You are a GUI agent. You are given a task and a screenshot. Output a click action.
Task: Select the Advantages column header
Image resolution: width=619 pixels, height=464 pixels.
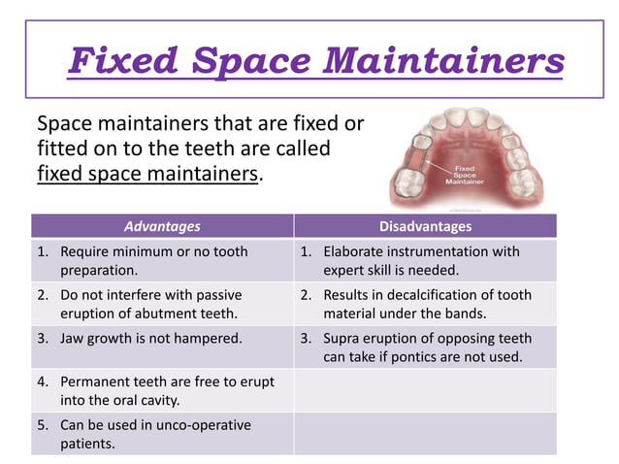[x=162, y=226]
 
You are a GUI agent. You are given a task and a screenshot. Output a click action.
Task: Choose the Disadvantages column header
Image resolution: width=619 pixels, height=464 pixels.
[x=425, y=226]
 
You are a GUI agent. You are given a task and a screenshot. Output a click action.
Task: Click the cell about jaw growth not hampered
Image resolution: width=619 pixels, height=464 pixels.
[x=162, y=339]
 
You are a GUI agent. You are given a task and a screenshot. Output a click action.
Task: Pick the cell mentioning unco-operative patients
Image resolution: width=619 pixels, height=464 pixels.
[x=162, y=434]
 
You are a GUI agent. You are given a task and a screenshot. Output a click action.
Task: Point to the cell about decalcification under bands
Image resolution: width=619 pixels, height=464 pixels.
[x=425, y=304]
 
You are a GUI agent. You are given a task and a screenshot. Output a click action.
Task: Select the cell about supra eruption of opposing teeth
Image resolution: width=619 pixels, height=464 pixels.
[x=425, y=348]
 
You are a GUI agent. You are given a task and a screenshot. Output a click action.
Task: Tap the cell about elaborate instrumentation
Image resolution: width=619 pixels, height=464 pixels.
[x=425, y=260]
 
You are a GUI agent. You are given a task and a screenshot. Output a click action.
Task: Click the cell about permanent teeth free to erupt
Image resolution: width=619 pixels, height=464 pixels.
[x=162, y=390]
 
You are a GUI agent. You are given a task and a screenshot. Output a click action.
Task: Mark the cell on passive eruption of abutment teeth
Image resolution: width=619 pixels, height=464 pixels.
[x=162, y=304]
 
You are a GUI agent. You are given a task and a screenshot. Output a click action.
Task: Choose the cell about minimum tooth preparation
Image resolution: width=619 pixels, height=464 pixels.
[x=162, y=260]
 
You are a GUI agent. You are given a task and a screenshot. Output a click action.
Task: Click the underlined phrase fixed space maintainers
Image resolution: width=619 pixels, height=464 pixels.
[x=148, y=176]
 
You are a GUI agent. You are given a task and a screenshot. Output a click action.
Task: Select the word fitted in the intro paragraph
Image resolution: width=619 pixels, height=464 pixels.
[x=61, y=150]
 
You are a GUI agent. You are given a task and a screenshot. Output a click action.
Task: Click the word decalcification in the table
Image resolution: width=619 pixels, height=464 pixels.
[x=426, y=294]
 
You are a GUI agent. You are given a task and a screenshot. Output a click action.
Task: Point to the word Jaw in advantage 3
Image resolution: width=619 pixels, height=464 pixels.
[x=73, y=339]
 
